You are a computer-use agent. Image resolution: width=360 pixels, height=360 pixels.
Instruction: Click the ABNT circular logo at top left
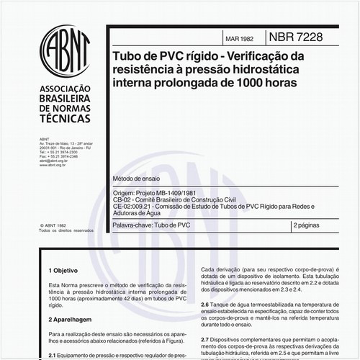[x=66, y=53]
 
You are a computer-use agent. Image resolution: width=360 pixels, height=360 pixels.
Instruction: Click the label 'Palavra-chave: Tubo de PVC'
[x=152, y=225]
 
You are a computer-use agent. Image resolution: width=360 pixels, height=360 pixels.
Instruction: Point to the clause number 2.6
[x=205, y=305]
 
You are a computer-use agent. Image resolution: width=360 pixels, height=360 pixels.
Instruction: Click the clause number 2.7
[x=205, y=338]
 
